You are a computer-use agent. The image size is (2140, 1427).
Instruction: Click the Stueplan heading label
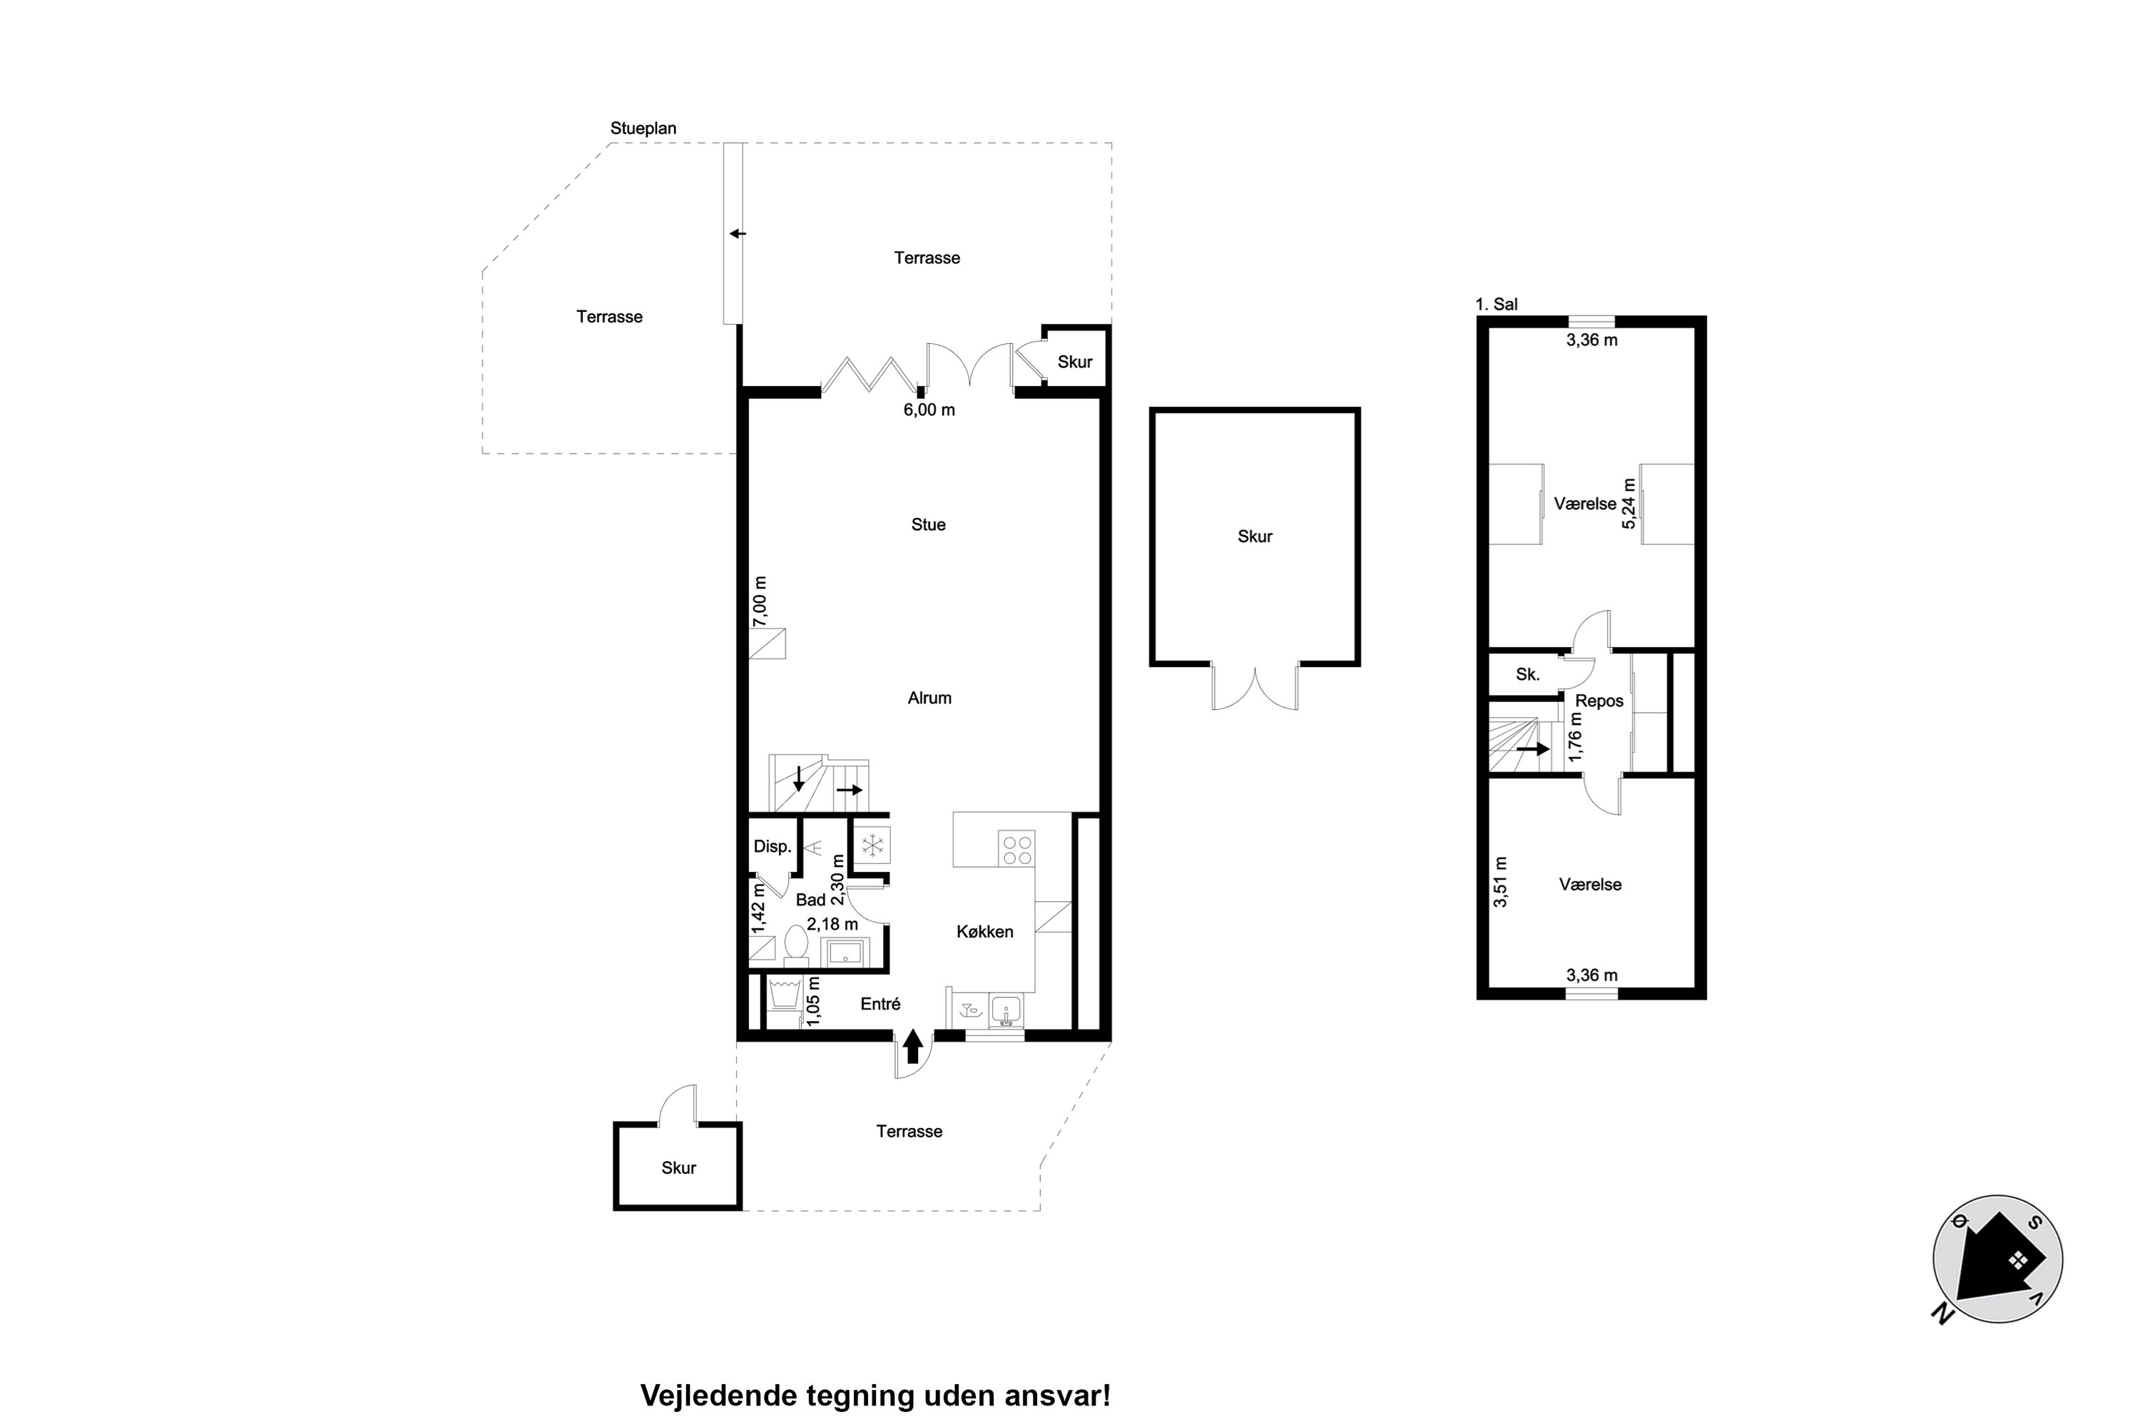(x=643, y=128)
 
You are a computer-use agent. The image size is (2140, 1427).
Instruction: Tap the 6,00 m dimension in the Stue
(x=929, y=410)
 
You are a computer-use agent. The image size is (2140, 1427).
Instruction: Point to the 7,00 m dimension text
(x=760, y=601)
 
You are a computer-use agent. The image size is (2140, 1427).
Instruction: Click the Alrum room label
(x=929, y=698)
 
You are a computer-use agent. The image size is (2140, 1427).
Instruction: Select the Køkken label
(x=984, y=932)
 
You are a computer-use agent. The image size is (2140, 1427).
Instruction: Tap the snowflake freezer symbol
(x=872, y=845)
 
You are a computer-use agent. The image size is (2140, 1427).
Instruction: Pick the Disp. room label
(x=772, y=846)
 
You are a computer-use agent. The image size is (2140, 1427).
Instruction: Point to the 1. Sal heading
(x=1496, y=304)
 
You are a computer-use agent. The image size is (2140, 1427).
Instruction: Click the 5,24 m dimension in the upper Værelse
(x=1629, y=503)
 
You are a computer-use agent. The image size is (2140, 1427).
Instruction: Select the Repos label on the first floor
(x=1599, y=701)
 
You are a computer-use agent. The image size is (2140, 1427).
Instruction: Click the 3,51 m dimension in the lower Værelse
(x=1500, y=882)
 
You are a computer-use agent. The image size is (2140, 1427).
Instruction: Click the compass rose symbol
(x=1997, y=1259)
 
